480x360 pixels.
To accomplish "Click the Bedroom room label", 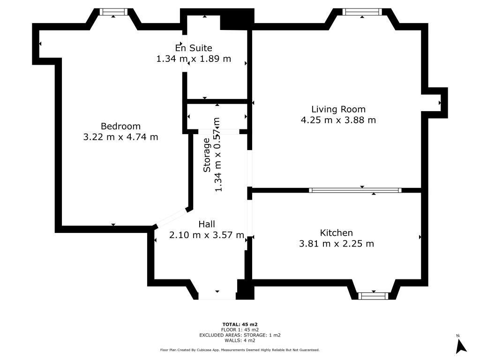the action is [x=120, y=126].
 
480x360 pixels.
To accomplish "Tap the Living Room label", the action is [x=338, y=109].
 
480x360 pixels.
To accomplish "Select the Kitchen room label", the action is [x=336, y=233].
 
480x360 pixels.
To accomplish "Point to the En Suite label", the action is [x=194, y=48].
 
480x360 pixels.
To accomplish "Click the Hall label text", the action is [x=207, y=224].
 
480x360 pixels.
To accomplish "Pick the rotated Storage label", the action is [x=207, y=155].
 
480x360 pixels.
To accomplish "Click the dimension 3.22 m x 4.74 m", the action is [x=120, y=137].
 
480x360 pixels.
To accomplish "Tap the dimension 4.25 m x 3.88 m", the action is [x=338, y=120].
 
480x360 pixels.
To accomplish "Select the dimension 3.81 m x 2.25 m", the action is [x=337, y=244].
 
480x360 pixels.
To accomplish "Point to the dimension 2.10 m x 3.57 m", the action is [x=207, y=235].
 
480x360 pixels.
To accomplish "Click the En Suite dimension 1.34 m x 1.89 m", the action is [x=194, y=59].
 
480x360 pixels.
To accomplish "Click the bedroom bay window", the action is [x=113, y=12].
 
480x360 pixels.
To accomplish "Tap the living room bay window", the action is [x=362, y=12].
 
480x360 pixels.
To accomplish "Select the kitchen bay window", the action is [x=373, y=296].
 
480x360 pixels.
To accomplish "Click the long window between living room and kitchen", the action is [x=355, y=190].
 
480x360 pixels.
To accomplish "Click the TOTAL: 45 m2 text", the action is [x=240, y=324].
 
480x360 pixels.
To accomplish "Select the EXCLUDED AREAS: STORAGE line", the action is [x=240, y=335].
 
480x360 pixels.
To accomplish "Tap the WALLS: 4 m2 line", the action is [x=240, y=340].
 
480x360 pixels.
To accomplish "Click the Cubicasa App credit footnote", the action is [x=240, y=350].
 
